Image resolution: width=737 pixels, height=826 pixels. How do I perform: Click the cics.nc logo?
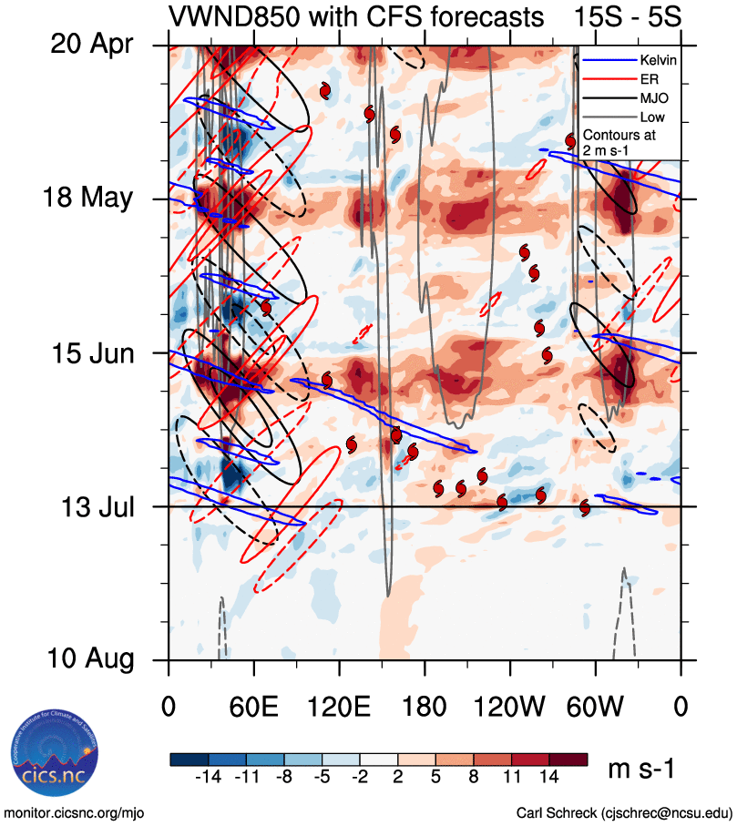(50, 758)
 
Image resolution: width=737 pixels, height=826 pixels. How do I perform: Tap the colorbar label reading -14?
(209, 777)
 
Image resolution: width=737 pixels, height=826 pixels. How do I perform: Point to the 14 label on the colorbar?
(550, 777)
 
